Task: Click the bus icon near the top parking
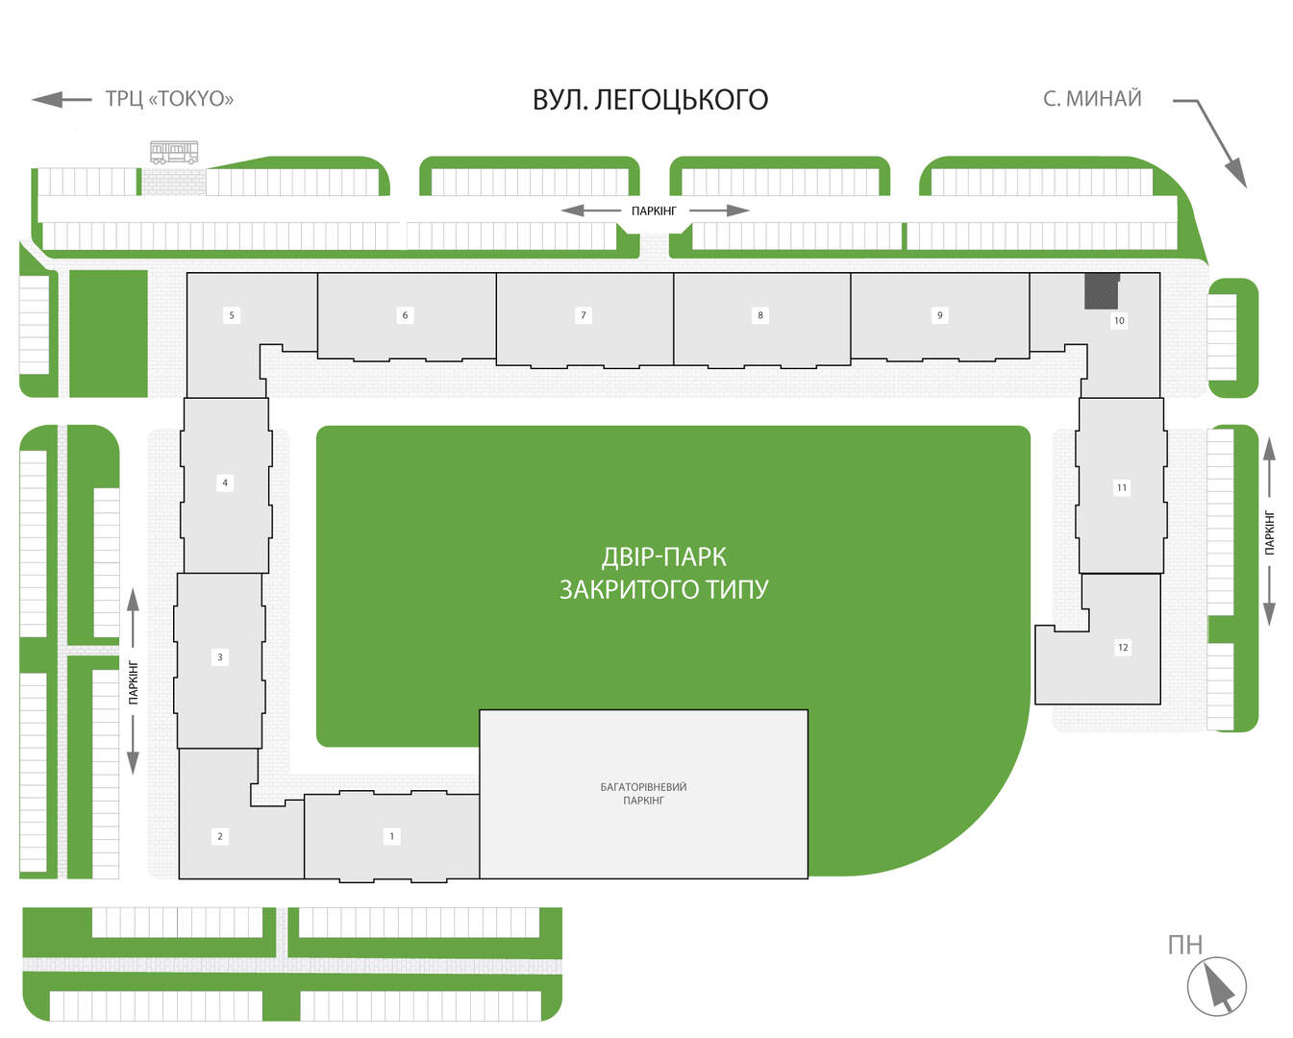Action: (x=174, y=152)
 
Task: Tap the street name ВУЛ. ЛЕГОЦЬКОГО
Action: (x=650, y=100)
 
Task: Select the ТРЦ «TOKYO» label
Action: (x=169, y=98)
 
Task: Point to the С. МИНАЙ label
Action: (x=1092, y=98)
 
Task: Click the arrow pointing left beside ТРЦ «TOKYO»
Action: (x=62, y=99)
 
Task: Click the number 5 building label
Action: (x=232, y=315)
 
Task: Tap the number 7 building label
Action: (x=583, y=315)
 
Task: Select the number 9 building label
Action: (x=940, y=315)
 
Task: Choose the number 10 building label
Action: (x=1119, y=320)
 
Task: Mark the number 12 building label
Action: (x=1123, y=647)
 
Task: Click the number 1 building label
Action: (x=392, y=835)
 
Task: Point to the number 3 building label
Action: (x=220, y=656)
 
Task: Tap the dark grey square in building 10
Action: (x=1102, y=291)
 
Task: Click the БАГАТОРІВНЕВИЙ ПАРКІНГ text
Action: (x=643, y=793)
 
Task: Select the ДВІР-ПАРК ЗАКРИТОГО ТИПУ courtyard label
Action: (x=664, y=573)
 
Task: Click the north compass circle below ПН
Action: (x=1217, y=986)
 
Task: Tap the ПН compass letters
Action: (x=1184, y=945)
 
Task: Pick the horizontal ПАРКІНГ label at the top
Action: (x=654, y=210)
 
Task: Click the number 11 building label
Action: (x=1121, y=487)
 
